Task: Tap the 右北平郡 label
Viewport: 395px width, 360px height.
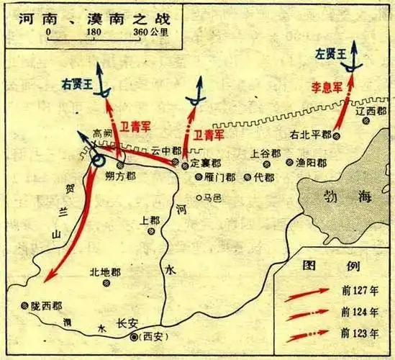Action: pyautogui.click(x=311, y=134)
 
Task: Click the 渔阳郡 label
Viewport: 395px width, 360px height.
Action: pyautogui.click(x=311, y=163)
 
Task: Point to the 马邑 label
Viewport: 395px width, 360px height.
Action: pyautogui.click(x=214, y=196)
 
